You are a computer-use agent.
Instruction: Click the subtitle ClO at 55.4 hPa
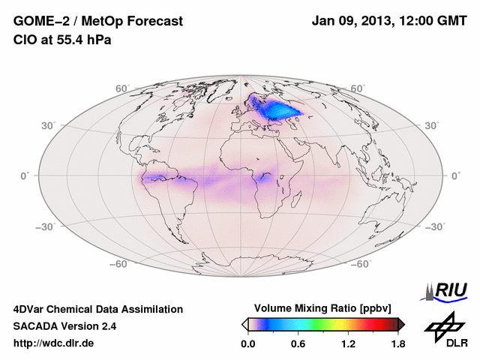pos(62,39)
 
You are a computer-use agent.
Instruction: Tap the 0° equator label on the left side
pos(25,175)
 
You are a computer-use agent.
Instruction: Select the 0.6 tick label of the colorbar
pos(298,343)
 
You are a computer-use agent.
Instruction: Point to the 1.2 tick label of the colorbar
pos(348,343)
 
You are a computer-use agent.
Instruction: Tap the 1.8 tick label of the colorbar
pos(398,343)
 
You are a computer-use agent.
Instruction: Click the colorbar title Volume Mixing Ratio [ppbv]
pos(323,308)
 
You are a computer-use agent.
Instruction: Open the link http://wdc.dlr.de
pos(54,343)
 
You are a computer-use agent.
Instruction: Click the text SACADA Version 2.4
pos(64,326)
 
